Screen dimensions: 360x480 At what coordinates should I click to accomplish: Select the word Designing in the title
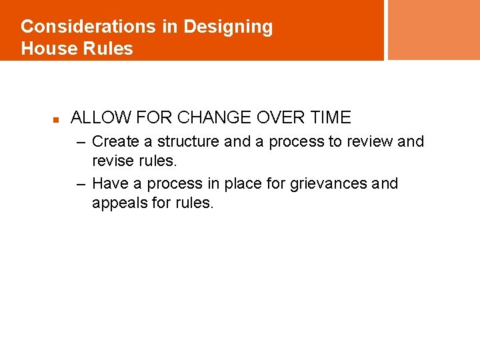point(228,27)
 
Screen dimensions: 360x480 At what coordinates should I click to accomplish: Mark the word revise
point(113,161)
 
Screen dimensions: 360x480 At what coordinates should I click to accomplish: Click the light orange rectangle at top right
point(433,30)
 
